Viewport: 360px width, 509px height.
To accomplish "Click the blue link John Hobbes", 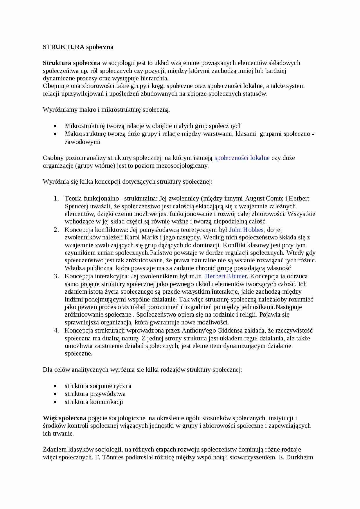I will click(x=246, y=230).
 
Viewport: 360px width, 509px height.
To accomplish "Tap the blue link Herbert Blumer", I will click(x=226, y=276).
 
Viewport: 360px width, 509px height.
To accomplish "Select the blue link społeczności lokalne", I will click(x=242, y=158).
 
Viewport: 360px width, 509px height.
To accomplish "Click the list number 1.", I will click(x=56, y=198).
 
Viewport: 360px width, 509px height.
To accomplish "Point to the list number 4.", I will click(x=56, y=331).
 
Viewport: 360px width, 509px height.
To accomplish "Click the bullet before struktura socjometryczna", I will click(x=55, y=386).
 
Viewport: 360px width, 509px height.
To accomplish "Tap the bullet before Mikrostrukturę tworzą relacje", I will click(x=55, y=126).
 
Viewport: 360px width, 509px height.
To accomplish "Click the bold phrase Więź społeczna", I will click(x=64, y=418).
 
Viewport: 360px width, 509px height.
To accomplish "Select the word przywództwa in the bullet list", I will click(x=108, y=394).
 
